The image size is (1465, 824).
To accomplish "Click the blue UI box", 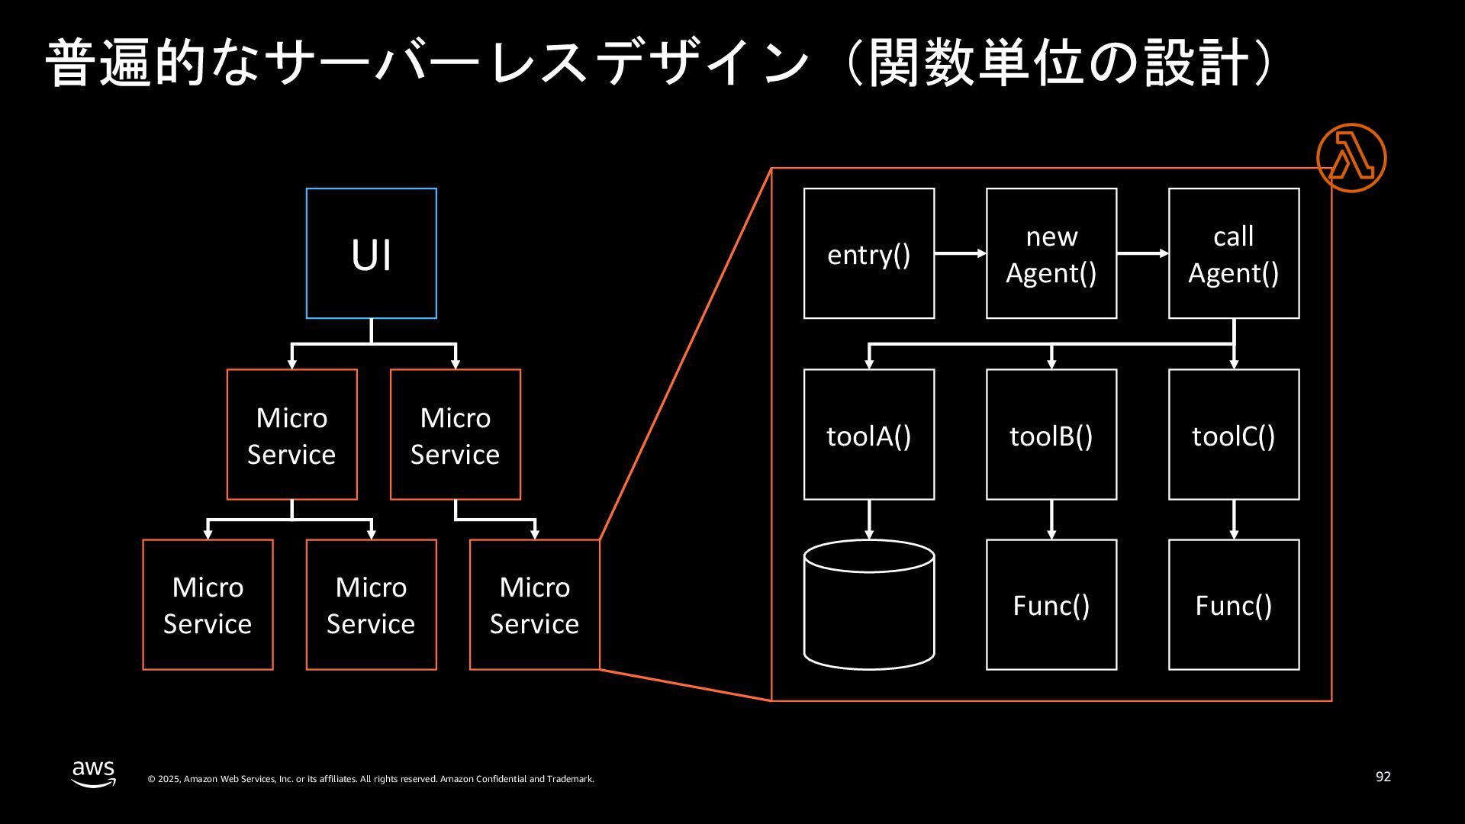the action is tap(372, 253).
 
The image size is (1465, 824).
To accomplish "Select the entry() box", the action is tap(869, 253).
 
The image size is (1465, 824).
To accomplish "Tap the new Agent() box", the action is tap(1051, 253).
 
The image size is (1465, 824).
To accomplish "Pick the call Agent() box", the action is tap(1234, 253).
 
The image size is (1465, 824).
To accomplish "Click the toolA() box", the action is tap(869, 435).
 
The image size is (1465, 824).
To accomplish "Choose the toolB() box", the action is tap(1051, 435).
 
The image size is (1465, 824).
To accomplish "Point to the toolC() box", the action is tap(1234, 435).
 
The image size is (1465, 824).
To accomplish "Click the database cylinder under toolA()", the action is tap(869, 605).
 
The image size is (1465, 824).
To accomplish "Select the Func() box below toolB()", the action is tap(1051, 605).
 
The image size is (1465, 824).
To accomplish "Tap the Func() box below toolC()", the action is tap(1234, 605).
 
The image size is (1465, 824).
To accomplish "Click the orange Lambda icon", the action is tap(1351, 158).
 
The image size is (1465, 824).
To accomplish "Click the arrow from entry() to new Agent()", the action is tap(961, 253).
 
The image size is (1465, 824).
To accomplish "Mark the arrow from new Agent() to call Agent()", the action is tap(1143, 253).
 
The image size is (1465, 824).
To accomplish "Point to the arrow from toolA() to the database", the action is tap(869, 520).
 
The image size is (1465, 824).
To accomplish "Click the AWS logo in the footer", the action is tap(94, 774).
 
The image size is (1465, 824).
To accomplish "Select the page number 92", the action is tap(1383, 777).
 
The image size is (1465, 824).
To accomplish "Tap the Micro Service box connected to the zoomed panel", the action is tap(535, 605).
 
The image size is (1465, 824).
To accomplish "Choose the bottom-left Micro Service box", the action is tap(208, 605).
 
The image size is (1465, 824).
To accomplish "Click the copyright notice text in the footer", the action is tap(371, 779).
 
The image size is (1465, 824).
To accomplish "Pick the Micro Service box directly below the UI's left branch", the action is tap(292, 435).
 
